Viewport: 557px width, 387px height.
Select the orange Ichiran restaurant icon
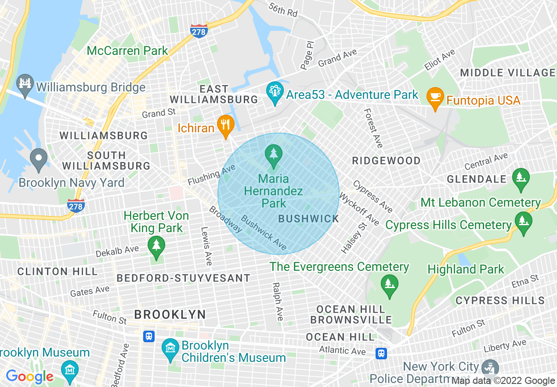[225, 125]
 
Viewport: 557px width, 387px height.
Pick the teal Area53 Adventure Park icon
[275, 92]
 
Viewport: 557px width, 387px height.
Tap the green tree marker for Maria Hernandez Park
[274, 155]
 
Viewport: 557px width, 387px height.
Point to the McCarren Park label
[127, 51]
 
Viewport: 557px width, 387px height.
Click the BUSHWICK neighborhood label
[309, 219]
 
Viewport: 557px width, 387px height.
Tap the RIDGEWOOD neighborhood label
[387, 161]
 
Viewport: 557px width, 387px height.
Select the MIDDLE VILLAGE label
[508, 73]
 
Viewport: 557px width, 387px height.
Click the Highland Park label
[466, 269]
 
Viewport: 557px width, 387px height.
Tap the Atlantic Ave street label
[342, 350]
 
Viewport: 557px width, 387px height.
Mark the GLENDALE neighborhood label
[477, 179]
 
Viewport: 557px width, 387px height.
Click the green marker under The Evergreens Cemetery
[389, 284]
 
